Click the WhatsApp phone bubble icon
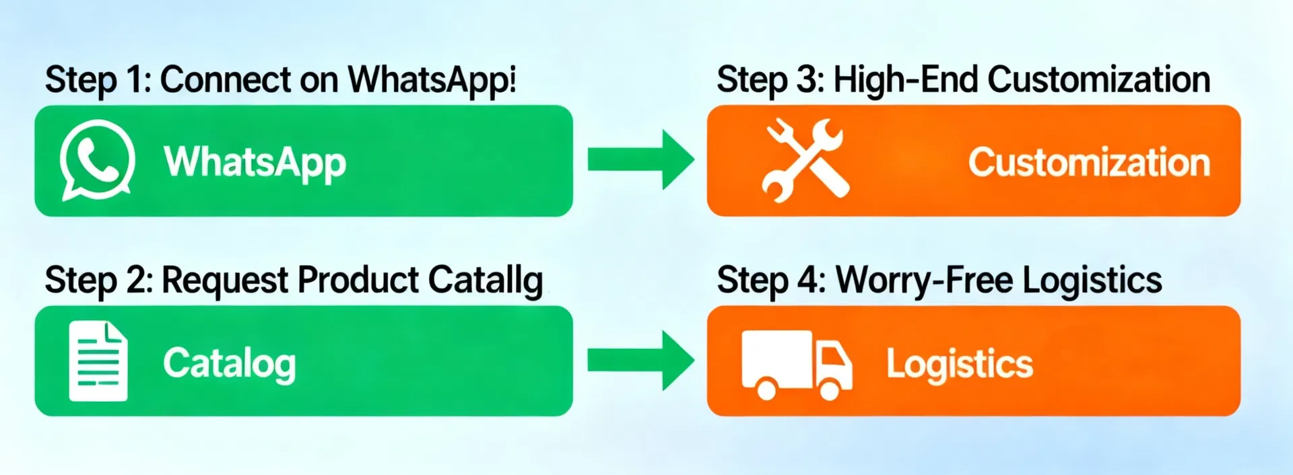pyautogui.click(x=97, y=160)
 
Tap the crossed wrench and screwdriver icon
pyautogui.click(x=805, y=160)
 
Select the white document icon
pyautogui.click(x=98, y=361)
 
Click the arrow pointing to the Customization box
pyautogui.click(x=640, y=159)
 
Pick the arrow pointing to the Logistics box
pyautogui.click(x=640, y=361)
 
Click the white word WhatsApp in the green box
pyautogui.click(x=255, y=163)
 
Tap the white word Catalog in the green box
pyautogui.click(x=230, y=364)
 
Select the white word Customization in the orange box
pyautogui.click(x=1089, y=163)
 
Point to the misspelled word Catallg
pyautogui.click(x=486, y=281)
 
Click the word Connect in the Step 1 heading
pyautogui.click(x=226, y=80)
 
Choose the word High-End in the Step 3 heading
pyautogui.click(x=906, y=79)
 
